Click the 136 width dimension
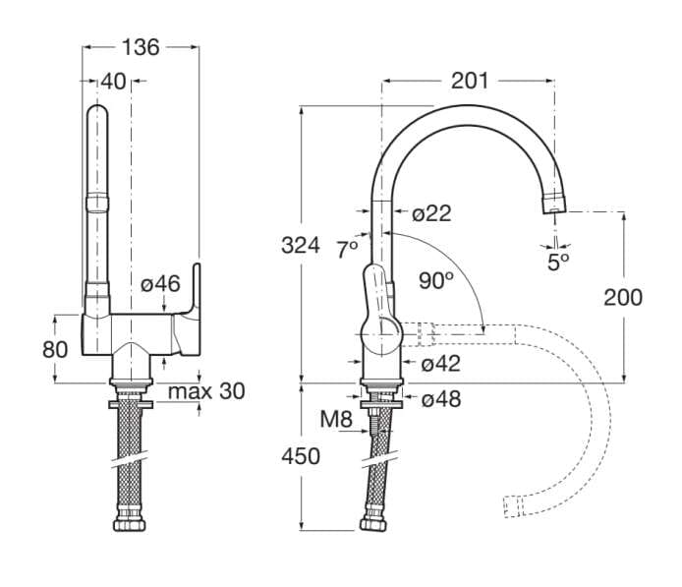point(142,46)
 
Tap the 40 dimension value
point(113,82)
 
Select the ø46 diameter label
point(159,284)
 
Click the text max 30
point(205,391)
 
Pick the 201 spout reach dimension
point(469,81)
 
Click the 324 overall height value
point(300,245)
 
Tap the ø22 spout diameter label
point(431,213)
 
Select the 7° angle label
point(347,250)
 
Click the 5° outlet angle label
point(558,262)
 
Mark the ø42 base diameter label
point(441,364)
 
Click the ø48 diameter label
point(441,399)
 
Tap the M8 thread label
point(336,420)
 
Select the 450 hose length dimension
point(300,455)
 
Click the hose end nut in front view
point(125,521)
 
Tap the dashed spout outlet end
point(511,505)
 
